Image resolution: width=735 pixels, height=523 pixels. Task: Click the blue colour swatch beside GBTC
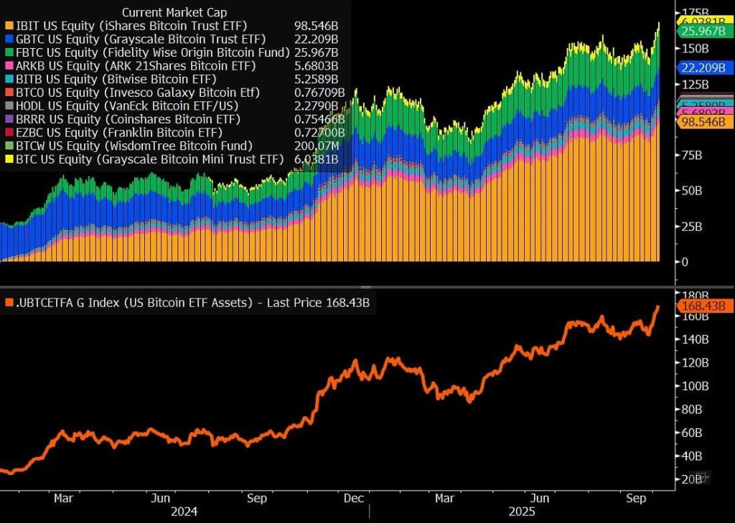[x=8, y=39]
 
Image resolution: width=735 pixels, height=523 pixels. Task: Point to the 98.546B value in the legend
[x=316, y=25]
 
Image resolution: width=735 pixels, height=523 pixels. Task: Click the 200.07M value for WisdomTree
[x=317, y=146]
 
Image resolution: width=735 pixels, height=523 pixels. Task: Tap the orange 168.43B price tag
[x=704, y=306]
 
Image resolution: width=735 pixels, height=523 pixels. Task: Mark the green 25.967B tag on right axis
[x=704, y=32]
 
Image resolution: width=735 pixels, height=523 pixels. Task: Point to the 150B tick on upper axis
[x=696, y=48]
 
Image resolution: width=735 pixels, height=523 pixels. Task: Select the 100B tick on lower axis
[x=696, y=386]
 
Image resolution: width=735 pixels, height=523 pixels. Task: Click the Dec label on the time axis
[x=352, y=498]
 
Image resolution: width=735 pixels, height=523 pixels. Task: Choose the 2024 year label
[x=184, y=512]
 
